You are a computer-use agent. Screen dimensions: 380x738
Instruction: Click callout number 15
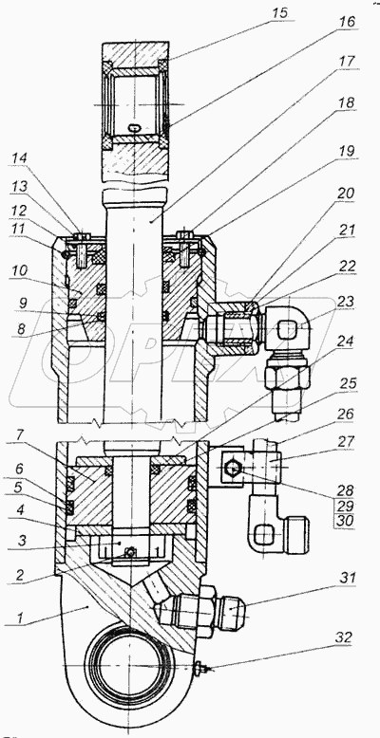click(x=279, y=12)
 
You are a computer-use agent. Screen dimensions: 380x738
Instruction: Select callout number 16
click(x=346, y=22)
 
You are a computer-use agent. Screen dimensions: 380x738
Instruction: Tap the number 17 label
click(x=346, y=63)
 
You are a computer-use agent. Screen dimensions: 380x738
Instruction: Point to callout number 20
click(x=346, y=194)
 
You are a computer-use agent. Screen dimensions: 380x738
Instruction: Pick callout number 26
click(x=346, y=415)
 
